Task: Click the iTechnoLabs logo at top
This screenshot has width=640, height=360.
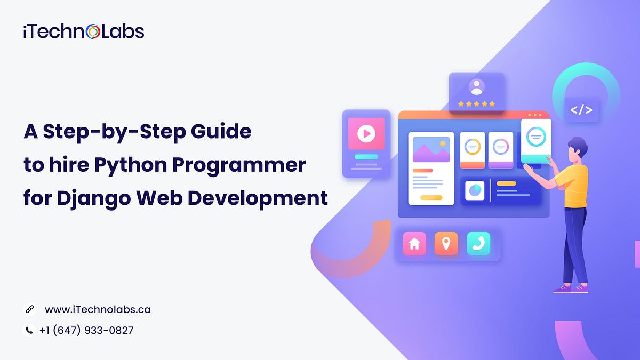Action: point(84,31)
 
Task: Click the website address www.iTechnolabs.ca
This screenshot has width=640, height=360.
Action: point(98,309)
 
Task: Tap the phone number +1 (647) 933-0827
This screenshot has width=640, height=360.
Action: point(86,330)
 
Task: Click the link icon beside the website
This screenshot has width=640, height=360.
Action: point(29,309)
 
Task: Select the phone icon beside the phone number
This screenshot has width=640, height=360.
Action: point(29,330)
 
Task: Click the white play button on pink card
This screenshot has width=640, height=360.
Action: point(366,133)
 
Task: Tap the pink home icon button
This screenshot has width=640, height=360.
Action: point(414,244)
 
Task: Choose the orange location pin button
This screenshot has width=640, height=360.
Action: point(446,244)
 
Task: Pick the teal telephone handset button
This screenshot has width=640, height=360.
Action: point(478,244)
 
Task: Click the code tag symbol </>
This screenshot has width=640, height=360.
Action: point(581,110)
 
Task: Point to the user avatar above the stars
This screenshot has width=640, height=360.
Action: point(476,87)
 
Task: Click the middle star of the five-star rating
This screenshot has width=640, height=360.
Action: point(476,104)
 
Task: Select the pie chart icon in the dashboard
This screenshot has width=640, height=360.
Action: point(474,190)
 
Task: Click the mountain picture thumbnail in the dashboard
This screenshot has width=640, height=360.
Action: point(431,150)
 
